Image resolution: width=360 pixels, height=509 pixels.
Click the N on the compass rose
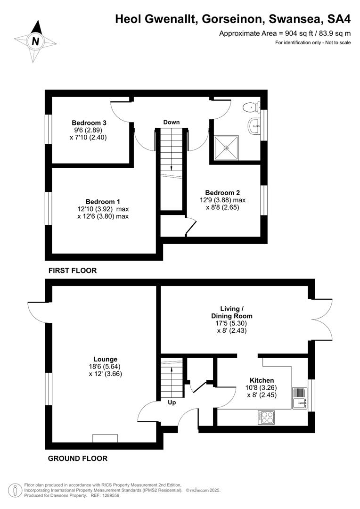[x=35, y=41]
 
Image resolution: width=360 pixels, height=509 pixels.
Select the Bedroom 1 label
[x=103, y=201]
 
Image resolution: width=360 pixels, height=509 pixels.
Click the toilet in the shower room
[x=249, y=107]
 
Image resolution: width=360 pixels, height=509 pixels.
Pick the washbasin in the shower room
[x=255, y=125]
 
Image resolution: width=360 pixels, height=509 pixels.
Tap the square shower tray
[x=226, y=148]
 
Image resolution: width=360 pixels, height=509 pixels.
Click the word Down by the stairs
[x=172, y=122]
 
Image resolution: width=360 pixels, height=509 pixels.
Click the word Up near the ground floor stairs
[x=172, y=402]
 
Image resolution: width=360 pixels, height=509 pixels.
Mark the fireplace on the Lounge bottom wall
[x=105, y=438]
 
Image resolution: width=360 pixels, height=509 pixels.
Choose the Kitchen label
[x=262, y=380]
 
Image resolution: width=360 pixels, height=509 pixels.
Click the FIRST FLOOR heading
[x=73, y=271]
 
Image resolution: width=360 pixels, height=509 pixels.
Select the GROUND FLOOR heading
[x=78, y=458]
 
